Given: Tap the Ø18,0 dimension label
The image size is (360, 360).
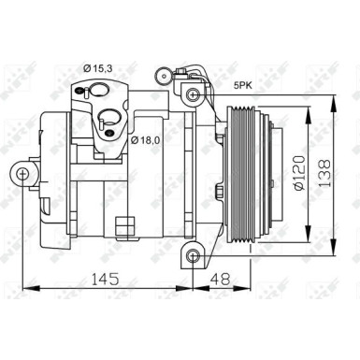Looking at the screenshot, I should click(x=147, y=139).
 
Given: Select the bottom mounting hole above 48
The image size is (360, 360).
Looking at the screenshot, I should click(x=193, y=255).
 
